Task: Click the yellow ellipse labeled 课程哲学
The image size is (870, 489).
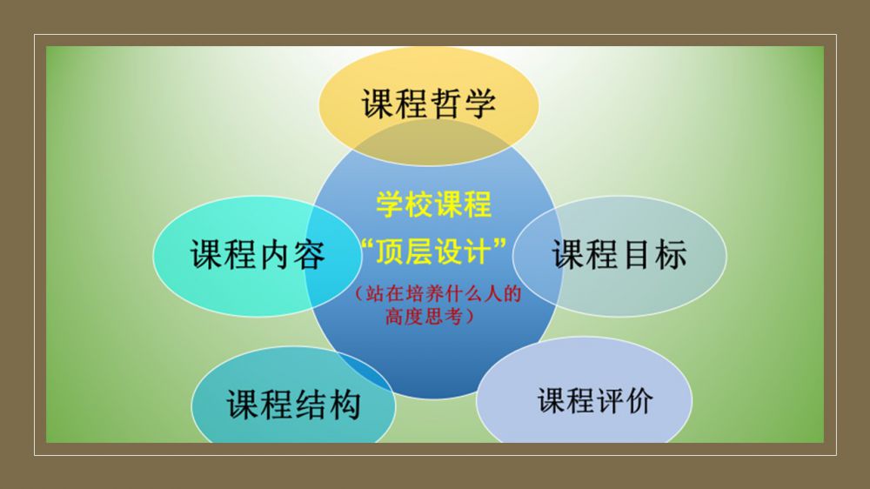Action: (428, 105)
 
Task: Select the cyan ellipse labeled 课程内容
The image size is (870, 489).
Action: (258, 256)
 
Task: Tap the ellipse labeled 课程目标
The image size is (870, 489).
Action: (619, 256)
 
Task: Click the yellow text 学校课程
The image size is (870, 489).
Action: (434, 204)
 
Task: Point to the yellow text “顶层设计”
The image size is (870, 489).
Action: (433, 251)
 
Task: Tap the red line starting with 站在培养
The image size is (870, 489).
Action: (438, 293)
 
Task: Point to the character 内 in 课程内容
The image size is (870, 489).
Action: (275, 255)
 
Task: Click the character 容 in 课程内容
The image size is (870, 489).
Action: (309, 255)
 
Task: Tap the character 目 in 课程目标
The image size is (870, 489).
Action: (637, 254)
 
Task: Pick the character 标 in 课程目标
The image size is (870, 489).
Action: (671, 254)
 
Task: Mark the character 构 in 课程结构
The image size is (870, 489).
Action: (345, 404)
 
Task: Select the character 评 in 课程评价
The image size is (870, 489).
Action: (610, 400)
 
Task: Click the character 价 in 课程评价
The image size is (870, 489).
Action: (639, 400)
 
